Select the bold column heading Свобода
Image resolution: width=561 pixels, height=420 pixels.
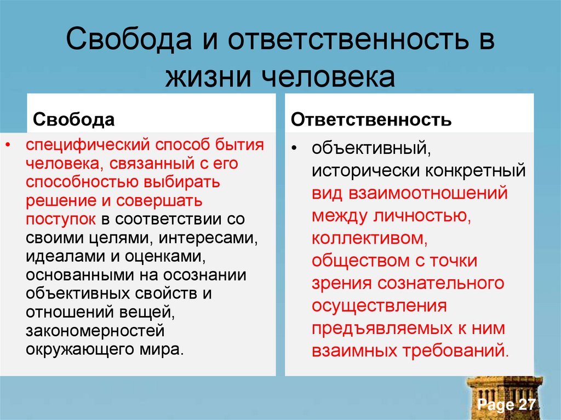coord(74,120)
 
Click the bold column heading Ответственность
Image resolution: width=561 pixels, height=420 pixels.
coord(371,120)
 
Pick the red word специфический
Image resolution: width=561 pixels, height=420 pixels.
coord(88,145)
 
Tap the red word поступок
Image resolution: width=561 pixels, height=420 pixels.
coord(61,219)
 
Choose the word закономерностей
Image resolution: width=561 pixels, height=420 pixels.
coord(95,330)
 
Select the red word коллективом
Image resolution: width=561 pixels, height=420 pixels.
coord(369,238)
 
